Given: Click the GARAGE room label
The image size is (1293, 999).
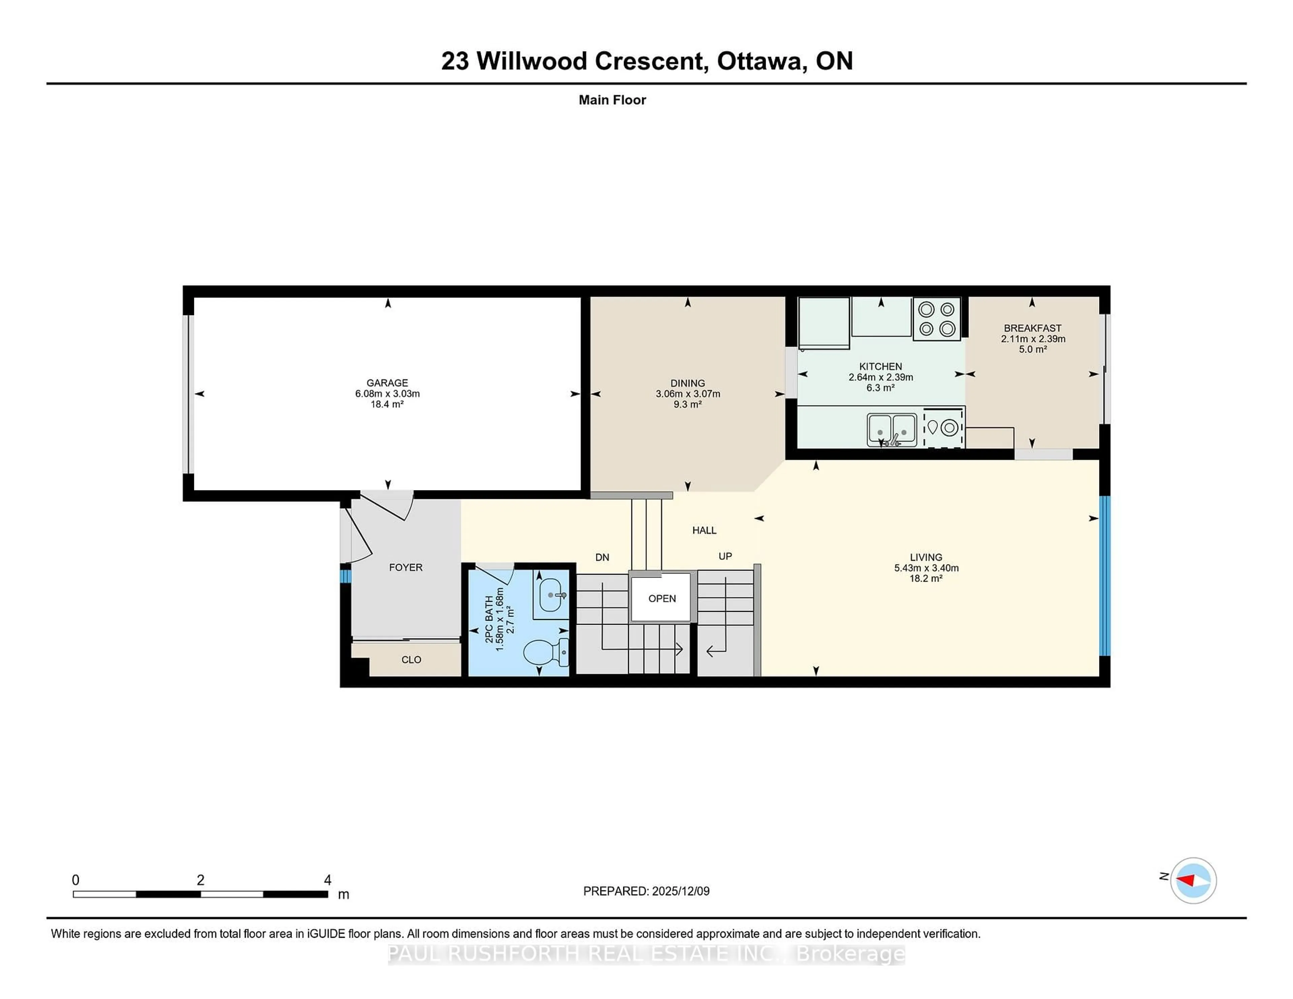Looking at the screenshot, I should (387, 383).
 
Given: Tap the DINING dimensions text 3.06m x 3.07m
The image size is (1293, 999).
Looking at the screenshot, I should (687, 393).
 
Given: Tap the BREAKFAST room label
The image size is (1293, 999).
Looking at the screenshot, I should (1032, 328).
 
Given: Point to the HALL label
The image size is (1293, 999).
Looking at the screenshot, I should (704, 530).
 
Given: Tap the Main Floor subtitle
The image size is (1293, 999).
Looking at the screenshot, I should (612, 100).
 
